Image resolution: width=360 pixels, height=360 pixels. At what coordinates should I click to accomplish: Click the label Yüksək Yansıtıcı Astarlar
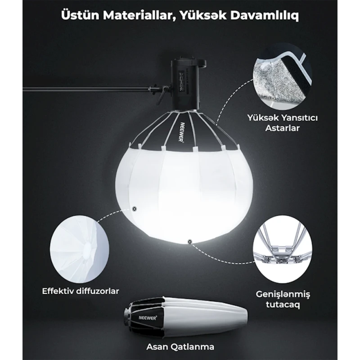(x=283, y=123)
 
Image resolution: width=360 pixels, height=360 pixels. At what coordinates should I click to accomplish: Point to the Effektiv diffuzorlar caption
(x=81, y=291)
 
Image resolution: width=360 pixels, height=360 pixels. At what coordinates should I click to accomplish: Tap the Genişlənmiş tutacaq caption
(x=283, y=299)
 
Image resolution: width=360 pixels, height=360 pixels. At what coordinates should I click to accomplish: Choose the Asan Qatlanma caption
(x=180, y=346)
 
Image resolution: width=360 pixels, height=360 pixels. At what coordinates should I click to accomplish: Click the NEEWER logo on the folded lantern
(x=148, y=318)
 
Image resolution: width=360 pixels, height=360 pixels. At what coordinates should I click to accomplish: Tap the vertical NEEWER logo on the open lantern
(x=182, y=132)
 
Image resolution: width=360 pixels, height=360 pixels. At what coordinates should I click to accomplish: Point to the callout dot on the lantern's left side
(x=135, y=209)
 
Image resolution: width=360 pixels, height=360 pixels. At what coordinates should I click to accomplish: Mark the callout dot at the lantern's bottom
(x=189, y=242)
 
